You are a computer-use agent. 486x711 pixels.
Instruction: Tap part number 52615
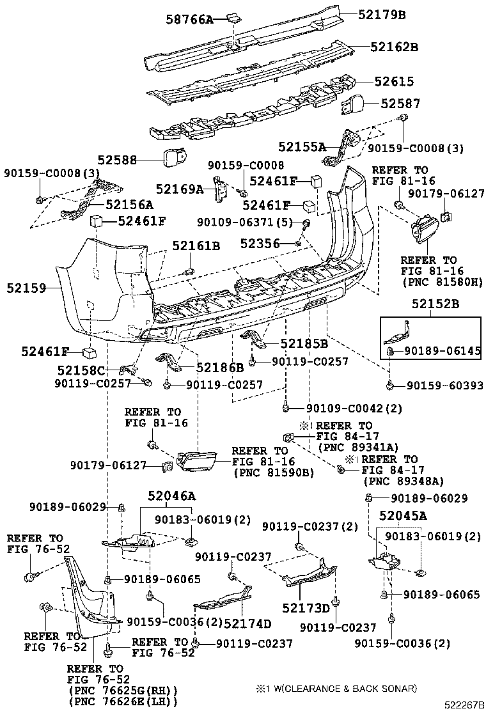394,82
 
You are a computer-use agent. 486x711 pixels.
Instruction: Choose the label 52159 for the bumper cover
27,288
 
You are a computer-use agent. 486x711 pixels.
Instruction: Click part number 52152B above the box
434,304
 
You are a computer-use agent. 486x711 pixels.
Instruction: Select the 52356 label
261,243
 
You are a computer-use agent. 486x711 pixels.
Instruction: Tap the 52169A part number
180,189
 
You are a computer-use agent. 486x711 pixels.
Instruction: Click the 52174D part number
247,623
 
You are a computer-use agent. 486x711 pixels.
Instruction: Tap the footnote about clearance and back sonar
336,689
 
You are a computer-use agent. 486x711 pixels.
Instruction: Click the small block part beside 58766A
233,19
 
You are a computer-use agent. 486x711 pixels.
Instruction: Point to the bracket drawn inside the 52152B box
400,332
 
